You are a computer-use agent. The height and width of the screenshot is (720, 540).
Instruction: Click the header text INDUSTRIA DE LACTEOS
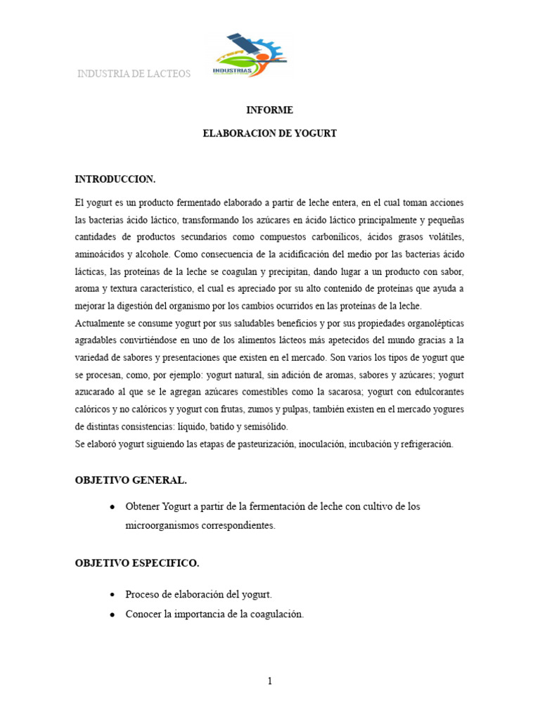134,74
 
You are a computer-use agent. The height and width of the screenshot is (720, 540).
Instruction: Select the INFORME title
269,110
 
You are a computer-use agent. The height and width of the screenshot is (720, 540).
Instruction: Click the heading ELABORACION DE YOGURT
269,133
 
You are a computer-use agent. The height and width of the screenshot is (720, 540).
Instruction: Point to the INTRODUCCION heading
115,179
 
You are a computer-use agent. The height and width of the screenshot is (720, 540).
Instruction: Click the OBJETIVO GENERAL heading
131,480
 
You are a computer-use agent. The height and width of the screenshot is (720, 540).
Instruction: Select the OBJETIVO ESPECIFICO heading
137,563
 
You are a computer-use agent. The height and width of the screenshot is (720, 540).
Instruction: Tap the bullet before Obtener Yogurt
113,507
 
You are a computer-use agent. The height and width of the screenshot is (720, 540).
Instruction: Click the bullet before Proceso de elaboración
113,595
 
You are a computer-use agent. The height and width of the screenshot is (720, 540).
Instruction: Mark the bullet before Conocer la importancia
113,614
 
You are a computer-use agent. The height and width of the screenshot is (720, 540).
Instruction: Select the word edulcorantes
432,392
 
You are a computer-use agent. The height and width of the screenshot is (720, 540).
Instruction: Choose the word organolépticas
431,323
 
